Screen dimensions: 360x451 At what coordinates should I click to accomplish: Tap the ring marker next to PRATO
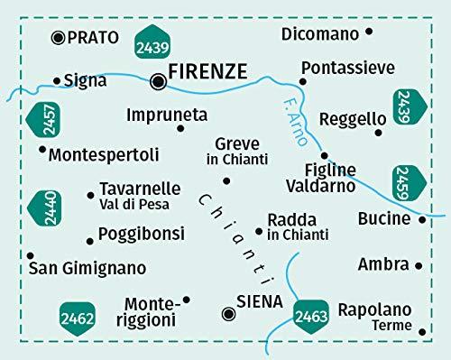pyautogui.click(x=60, y=37)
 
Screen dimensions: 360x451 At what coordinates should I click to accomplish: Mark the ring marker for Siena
pyautogui.click(x=229, y=313)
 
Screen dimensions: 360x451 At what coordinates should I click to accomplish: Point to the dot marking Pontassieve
pyautogui.click(x=303, y=81)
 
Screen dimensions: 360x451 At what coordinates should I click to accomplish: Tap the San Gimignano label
pyautogui.click(x=87, y=268)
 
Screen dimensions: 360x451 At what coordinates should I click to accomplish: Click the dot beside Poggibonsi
pyautogui.click(x=88, y=240)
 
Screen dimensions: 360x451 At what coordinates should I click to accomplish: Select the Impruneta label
pyautogui.click(x=168, y=115)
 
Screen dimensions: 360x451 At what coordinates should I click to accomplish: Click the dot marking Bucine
pyautogui.click(x=423, y=218)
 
